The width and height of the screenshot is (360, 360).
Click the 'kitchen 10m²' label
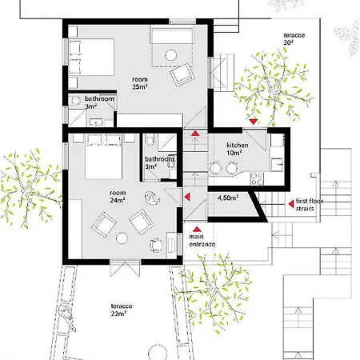click(238, 149)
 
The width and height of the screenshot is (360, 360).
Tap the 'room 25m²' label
click(140, 83)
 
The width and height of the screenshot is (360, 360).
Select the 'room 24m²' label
click(118, 197)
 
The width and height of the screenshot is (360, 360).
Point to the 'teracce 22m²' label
click(122, 310)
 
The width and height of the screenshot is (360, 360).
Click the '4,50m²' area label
click(228, 198)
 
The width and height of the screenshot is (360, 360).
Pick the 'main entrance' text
click(202, 240)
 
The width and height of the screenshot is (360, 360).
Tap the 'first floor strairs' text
click(310, 205)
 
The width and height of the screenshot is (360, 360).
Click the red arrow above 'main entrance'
click(197, 229)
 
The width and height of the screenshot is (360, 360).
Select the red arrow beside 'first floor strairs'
click(291, 204)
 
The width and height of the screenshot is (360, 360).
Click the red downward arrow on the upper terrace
click(253, 122)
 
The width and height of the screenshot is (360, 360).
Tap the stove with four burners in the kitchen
click(257, 178)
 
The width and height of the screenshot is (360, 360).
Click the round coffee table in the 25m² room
click(170, 55)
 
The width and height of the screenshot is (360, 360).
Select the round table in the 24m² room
click(122, 238)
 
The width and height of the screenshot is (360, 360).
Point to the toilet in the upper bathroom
click(75, 100)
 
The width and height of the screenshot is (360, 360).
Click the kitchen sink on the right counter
click(278, 164)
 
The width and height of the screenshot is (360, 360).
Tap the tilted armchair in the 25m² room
click(182, 74)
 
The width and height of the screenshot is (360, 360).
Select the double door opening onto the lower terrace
click(125, 267)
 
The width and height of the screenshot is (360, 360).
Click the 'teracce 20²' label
click(294, 38)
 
